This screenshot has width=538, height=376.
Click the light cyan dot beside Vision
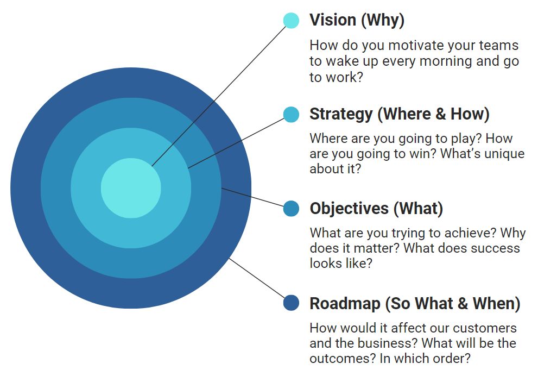click(291, 21)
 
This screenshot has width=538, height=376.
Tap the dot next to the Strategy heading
click(291, 114)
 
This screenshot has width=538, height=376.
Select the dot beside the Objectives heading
click(291, 209)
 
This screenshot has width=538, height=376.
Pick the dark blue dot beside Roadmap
click(291, 303)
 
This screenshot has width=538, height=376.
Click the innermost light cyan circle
click(131, 188)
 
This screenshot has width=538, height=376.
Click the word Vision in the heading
click(333, 20)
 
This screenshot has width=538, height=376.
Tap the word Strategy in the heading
click(341, 114)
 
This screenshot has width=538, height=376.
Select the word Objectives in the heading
click(349, 209)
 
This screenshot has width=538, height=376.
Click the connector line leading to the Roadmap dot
click(257, 279)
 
